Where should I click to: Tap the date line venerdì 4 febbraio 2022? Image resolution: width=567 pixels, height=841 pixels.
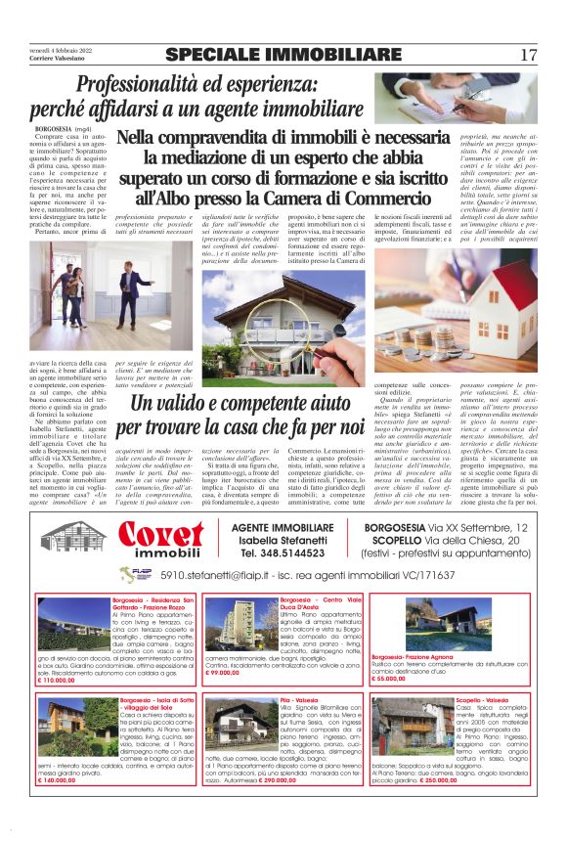59,48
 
